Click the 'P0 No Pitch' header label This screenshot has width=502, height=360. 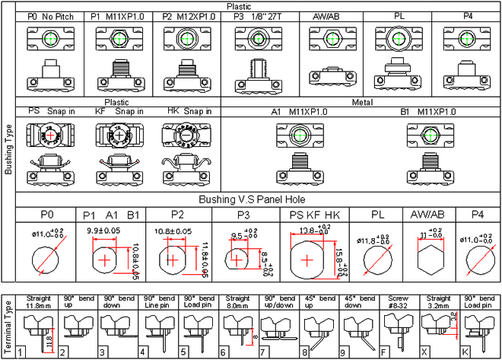(50, 16)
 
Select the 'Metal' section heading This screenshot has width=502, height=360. (361, 101)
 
